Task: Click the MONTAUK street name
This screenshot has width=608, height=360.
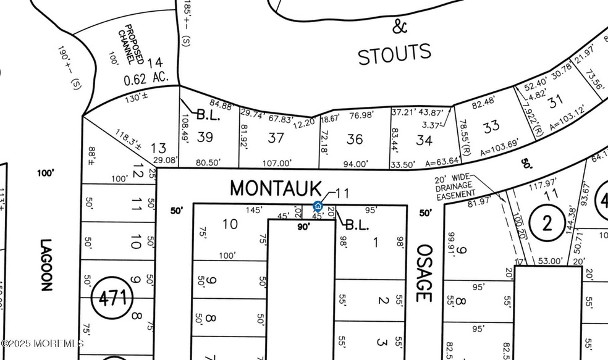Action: (276, 188)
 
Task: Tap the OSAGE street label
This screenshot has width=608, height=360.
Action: (423, 272)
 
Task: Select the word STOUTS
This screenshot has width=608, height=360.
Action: (394, 54)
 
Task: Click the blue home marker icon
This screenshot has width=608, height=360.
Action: (318, 206)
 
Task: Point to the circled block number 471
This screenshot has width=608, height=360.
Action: (112, 299)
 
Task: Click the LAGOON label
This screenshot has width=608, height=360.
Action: (47, 266)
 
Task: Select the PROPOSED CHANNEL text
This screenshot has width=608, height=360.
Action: (134, 45)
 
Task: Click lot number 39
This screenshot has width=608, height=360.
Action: (205, 137)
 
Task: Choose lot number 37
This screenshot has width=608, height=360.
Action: (276, 138)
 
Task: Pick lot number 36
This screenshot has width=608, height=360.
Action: (355, 139)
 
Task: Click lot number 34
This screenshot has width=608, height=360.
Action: (424, 140)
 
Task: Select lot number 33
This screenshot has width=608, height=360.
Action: (491, 127)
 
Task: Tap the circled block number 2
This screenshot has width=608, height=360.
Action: (547, 224)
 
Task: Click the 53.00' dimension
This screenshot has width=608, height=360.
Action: (550, 261)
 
